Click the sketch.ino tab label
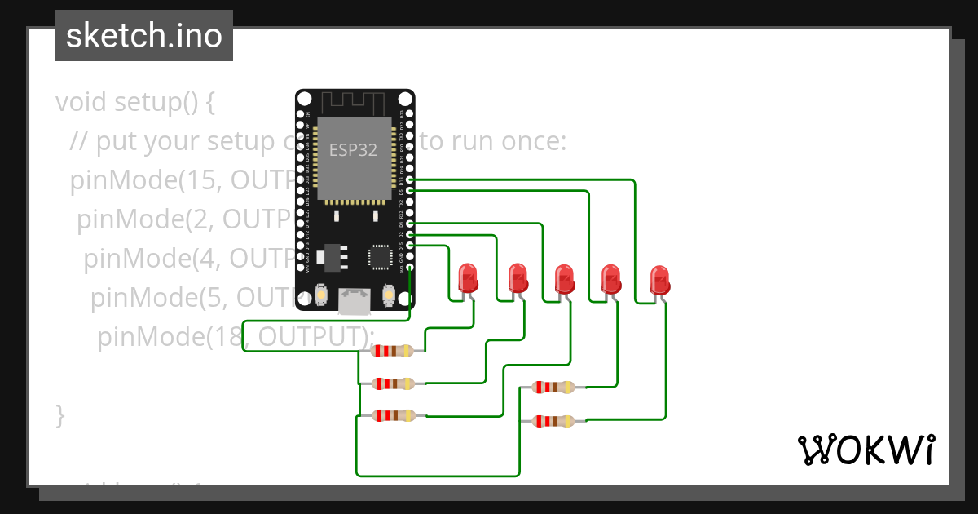143,36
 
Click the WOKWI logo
865,450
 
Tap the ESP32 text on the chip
348,150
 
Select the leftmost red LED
468,278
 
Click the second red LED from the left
518,278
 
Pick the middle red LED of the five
564,279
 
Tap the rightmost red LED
659,280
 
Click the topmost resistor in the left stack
392,351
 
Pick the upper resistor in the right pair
553,388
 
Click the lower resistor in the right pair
553,421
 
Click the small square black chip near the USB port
381,257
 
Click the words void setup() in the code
134,103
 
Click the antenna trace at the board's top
353,104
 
